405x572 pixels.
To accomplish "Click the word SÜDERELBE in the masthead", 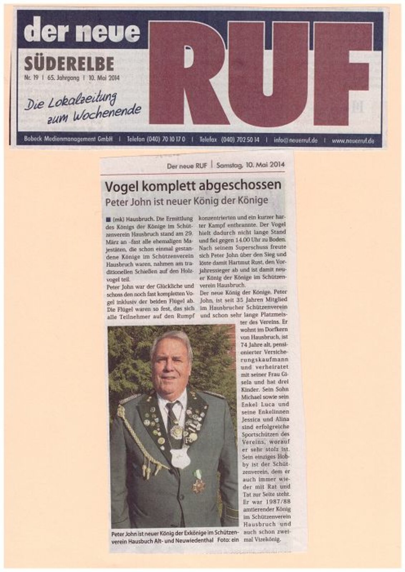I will pos(69,64).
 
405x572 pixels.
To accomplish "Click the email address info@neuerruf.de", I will pos(296,140).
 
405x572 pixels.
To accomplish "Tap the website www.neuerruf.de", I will pos(353,141).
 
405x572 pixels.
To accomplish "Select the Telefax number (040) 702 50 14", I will pos(240,140).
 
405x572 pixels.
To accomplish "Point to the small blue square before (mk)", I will pos(108,218).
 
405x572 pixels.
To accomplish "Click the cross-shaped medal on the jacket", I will pos(198,486).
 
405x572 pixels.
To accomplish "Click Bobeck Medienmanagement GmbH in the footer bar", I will pos(69,140).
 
